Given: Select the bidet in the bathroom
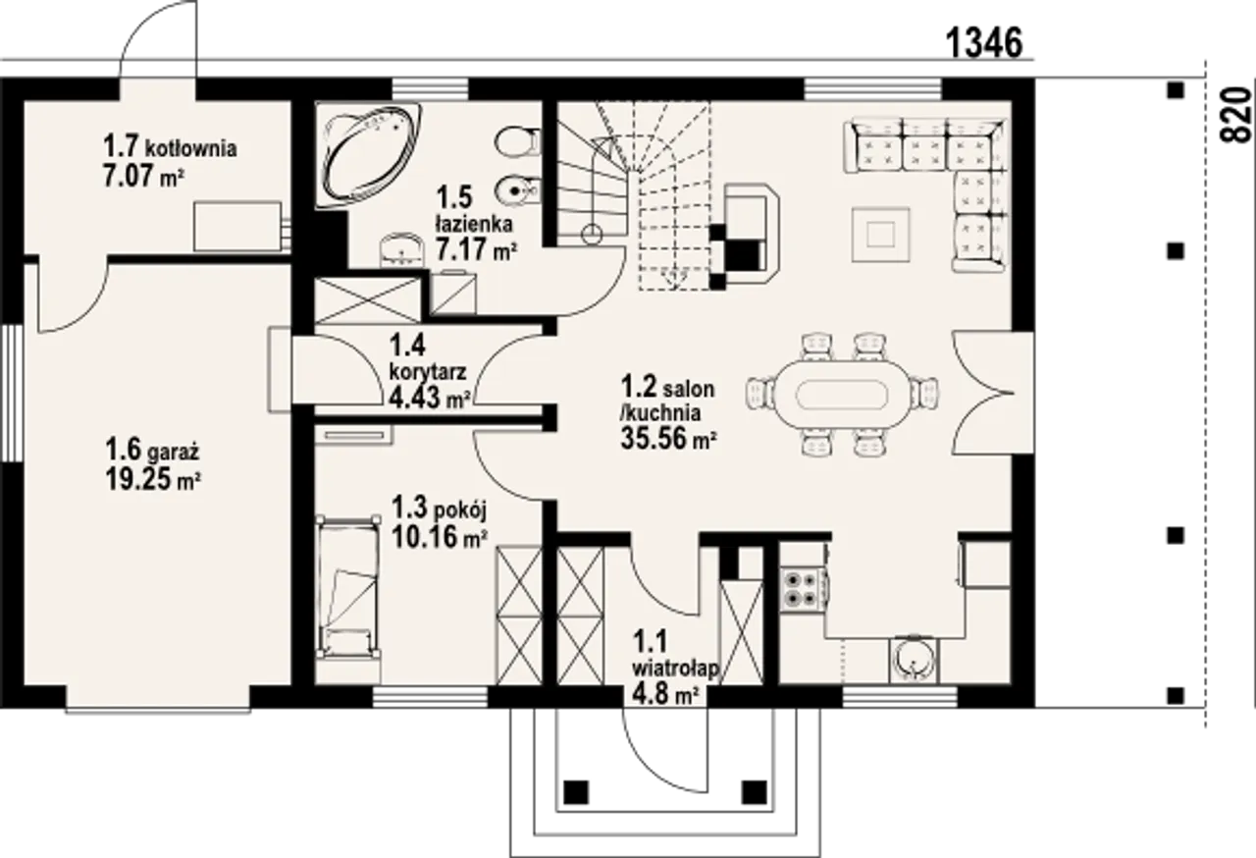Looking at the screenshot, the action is pos(517,190).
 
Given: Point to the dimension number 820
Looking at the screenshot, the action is pos(1235,124).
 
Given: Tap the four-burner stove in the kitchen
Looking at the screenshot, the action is pos(802,590).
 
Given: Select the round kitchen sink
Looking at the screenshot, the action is pos(914,659).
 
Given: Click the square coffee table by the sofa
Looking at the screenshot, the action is pos(881,235).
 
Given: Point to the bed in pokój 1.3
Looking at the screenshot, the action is pos(347,586).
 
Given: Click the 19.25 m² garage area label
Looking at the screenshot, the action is pos(154,480).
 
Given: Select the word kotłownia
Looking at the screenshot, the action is pos(191,149).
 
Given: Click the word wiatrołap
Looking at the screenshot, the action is pos(676,669).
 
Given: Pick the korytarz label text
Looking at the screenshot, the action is pos(428,371).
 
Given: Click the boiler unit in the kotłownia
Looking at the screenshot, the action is pos(237,226).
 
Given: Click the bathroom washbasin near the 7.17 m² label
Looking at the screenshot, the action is pos(401,250).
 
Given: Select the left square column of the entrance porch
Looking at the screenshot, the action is pos(576,792).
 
